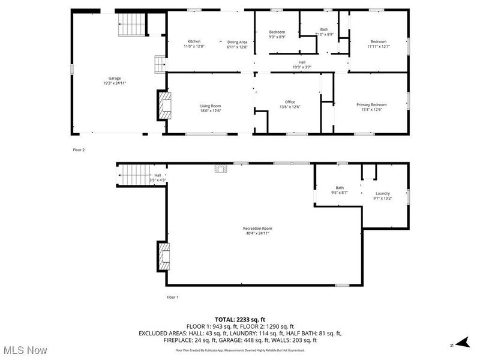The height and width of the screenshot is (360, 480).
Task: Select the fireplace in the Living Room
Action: tap(163, 105)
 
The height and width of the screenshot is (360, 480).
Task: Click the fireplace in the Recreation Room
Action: tap(163, 255)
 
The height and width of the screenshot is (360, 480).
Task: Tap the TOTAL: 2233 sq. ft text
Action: tap(239, 319)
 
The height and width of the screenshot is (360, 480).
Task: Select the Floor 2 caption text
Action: tap(79, 150)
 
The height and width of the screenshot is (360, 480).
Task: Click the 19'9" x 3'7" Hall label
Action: tap(302, 64)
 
